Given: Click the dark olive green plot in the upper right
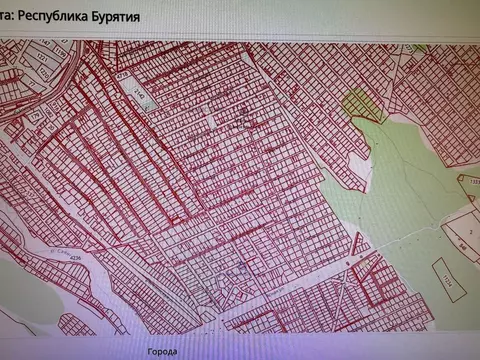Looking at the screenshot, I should [x=355, y=102].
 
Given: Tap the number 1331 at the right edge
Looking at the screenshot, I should [x=470, y=182].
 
